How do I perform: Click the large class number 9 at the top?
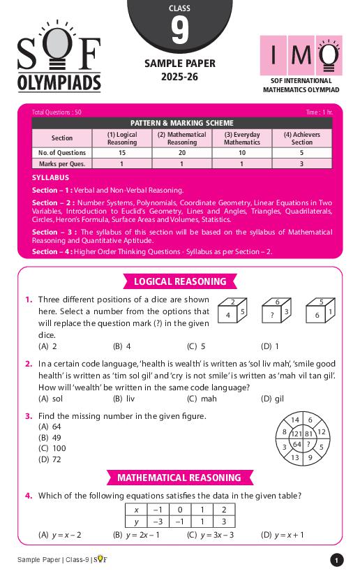coord(179,31)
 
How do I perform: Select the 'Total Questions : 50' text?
coord(57,112)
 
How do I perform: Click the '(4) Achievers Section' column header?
coord(301,138)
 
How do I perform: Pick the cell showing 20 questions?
coord(181,153)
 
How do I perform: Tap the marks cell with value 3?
coord(301,163)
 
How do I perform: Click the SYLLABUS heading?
coord(50,178)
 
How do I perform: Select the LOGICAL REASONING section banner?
coord(180,282)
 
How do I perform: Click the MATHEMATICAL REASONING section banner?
coord(179,478)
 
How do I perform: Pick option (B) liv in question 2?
coord(123,399)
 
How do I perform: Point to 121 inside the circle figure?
coord(297,434)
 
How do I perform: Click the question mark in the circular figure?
coord(308,444)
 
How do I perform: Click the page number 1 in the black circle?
coord(336,560)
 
